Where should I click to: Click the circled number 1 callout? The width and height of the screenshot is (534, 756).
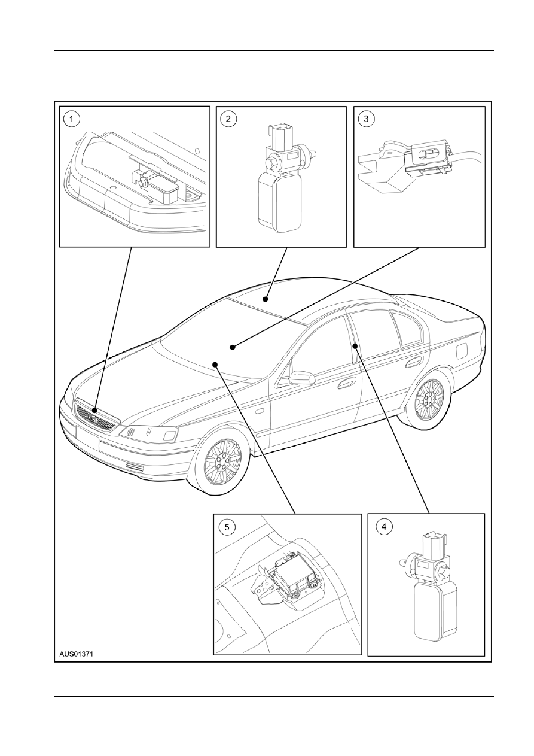72,119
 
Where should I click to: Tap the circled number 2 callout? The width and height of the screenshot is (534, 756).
228,119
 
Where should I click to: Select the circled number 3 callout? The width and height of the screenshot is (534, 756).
366,119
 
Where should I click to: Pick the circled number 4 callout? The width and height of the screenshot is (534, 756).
383,526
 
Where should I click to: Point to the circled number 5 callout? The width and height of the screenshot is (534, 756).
227,527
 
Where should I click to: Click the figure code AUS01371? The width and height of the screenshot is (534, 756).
76,654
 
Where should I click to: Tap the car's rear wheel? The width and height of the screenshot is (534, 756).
429,399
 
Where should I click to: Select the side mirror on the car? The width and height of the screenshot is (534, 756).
302,378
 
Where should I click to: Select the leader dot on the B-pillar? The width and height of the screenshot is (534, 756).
355,346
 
